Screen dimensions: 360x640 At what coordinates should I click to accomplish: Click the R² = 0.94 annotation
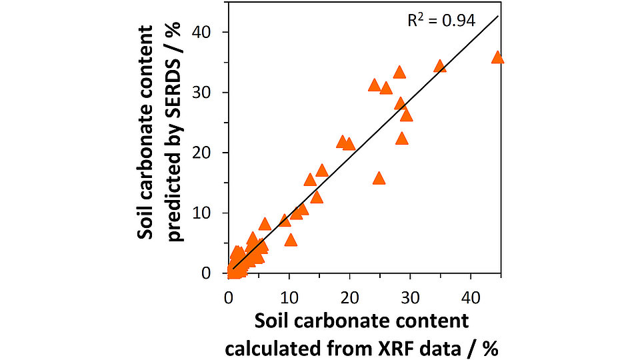441,21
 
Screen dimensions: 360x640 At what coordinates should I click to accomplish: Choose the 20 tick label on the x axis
349,295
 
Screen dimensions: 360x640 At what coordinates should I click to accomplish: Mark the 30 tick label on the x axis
410,295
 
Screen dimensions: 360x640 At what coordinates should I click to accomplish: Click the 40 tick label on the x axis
471,295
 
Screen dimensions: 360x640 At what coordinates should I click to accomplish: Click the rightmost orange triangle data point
497,58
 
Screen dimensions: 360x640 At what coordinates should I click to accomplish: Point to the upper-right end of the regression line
498,16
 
